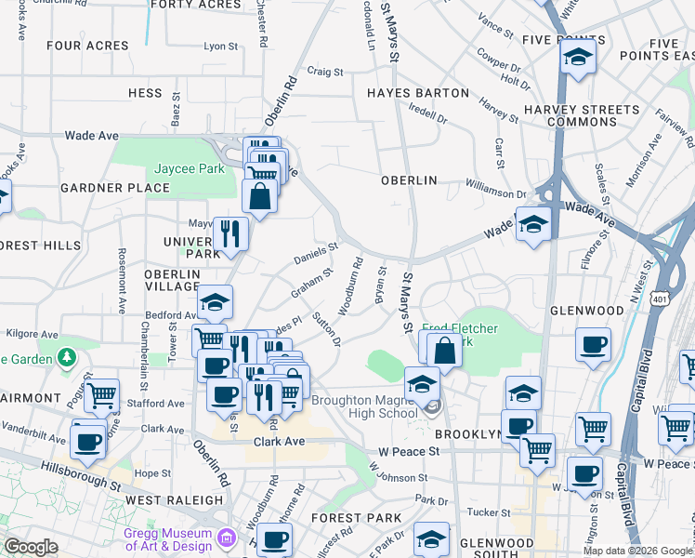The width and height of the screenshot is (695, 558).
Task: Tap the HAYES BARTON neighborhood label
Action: point(417,93)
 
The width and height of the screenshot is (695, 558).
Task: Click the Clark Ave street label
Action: point(279,442)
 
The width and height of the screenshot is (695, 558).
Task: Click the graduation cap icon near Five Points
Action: point(578,57)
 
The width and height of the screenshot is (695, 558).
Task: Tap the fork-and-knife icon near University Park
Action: point(229,233)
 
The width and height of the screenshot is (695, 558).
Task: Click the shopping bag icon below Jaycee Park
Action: point(259,195)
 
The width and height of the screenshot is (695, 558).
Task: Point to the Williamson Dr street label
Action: point(496,193)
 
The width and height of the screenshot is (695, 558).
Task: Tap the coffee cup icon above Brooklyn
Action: point(592,345)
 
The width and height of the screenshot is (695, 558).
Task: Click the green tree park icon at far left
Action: point(67,357)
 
